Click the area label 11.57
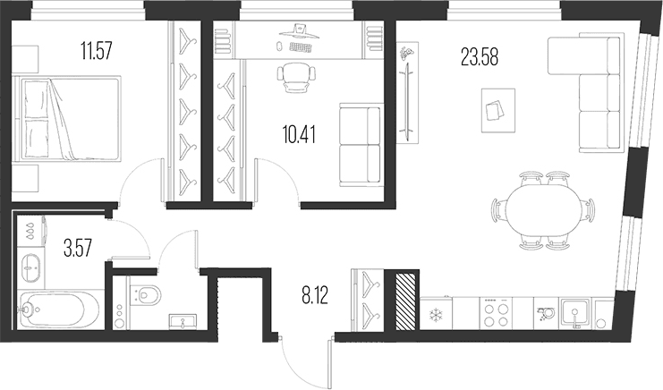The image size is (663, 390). tap(97, 51)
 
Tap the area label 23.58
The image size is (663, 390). tap(480, 57)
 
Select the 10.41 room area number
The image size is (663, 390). tap(300, 135)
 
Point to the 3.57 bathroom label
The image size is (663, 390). tap(77, 248)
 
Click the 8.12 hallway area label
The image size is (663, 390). tap(315, 295)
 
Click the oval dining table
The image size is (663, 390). tap(543, 209)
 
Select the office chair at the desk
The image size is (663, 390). tap(296, 77)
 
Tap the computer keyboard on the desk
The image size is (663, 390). tap(301, 47)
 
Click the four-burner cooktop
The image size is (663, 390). tap(496, 313)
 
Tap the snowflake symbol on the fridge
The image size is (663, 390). tap(435, 314)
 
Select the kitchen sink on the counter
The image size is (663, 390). tap(575, 313)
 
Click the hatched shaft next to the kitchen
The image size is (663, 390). tap(407, 301)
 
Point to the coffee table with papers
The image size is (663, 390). tap(498, 110)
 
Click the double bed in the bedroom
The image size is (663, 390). tap(67, 119)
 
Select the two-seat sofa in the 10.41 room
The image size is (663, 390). tap(361, 145)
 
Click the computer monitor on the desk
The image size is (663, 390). tap(300, 32)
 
